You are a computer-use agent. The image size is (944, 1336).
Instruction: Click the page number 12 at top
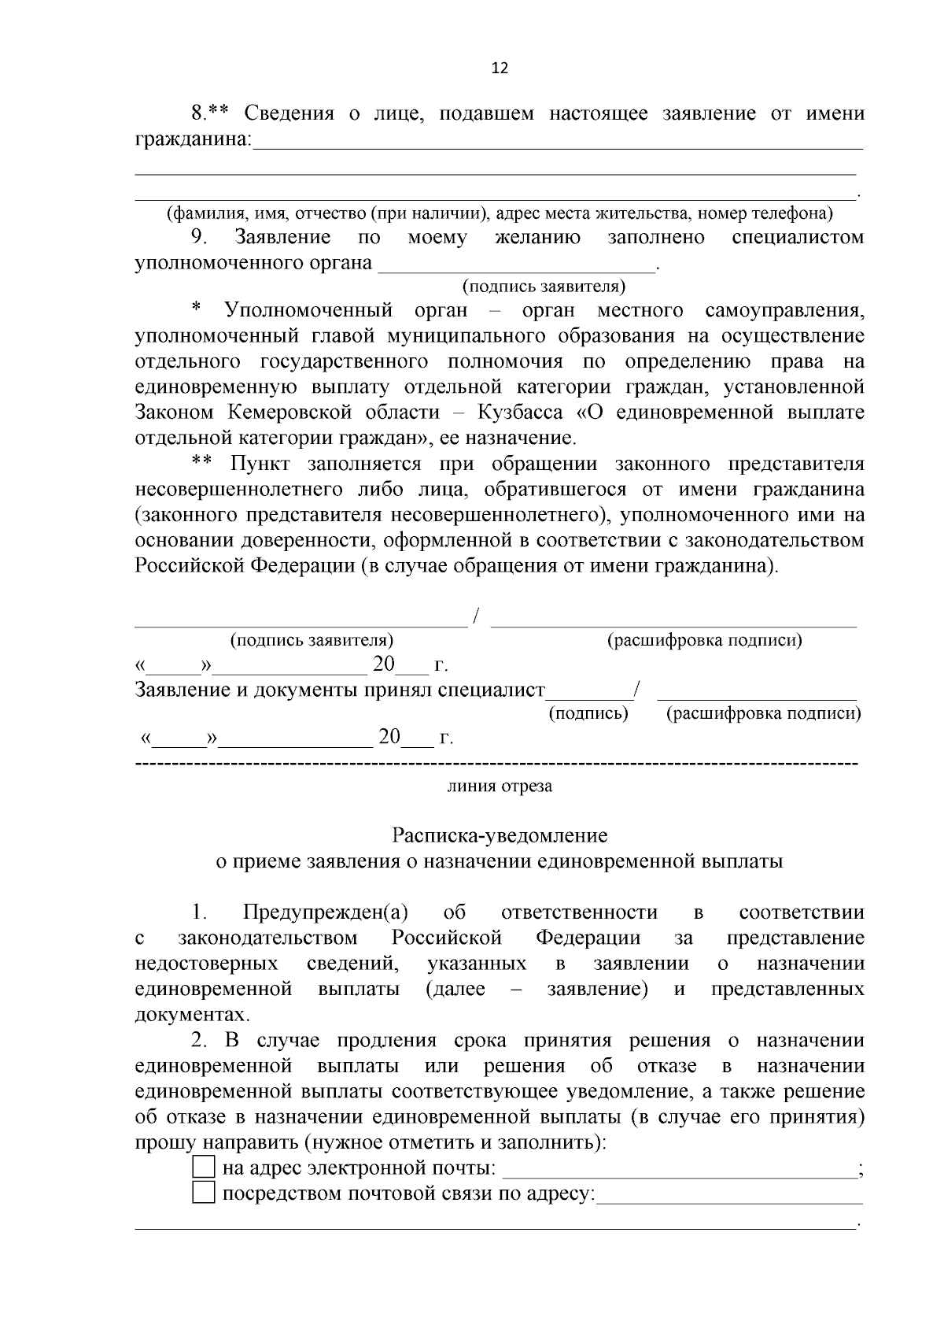[x=500, y=68]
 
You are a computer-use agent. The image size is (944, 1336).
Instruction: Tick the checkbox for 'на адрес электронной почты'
[x=203, y=1168]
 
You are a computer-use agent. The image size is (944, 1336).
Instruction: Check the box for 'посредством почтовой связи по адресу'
[x=203, y=1194]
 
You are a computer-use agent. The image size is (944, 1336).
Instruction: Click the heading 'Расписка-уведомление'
[x=500, y=835]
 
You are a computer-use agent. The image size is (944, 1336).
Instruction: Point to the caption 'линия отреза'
[x=500, y=786]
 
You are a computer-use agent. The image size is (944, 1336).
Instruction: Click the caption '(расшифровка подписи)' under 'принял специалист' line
[x=763, y=714]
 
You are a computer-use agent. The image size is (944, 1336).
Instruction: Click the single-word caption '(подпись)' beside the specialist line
[x=588, y=714]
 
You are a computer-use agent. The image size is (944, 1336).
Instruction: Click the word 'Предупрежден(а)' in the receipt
[x=326, y=912]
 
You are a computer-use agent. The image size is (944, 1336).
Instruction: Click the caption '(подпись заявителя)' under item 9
[x=544, y=286]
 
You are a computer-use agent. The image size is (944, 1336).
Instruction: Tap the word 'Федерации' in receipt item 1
[x=588, y=938]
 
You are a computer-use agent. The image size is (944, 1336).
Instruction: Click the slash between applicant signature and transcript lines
[x=477, y=616]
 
